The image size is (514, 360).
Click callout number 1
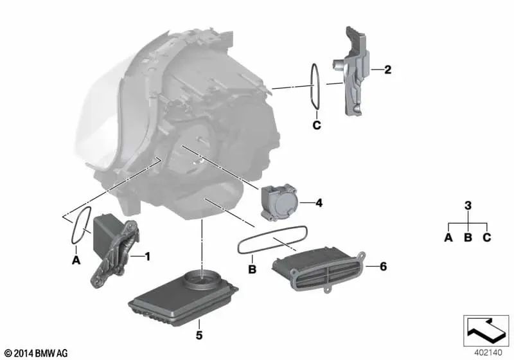coord(148,256)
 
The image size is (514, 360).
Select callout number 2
coord(388,69)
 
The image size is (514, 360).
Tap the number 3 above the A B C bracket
coord(468,206)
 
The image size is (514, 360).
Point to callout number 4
coord(319,203)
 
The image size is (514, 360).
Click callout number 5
coord(199,335)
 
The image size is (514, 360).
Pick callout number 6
coord(383,266)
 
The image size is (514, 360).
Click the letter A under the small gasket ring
coord(76,260)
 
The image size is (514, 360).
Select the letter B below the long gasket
coord(252,269)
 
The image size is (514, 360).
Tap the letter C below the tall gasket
coord(317,125)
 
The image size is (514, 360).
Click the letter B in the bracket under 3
coord(468,237)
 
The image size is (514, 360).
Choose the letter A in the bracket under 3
coord(448,237)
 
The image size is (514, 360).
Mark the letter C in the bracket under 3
coord(487,237)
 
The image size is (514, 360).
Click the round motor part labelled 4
coord(279,202)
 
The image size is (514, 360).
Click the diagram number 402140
coord(488,353)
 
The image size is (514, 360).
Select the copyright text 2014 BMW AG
coord(37,353)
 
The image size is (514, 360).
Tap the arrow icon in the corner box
coord(486,330)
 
